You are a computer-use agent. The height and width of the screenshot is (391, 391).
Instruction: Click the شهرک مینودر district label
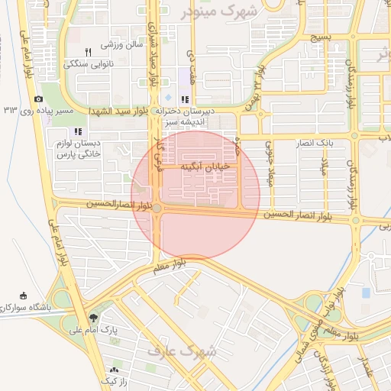coord(220,13)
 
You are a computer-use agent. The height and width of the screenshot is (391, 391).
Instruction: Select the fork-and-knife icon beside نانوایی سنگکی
coord(88,51)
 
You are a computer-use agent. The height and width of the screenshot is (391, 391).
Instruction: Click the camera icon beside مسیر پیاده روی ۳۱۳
coord(38,99)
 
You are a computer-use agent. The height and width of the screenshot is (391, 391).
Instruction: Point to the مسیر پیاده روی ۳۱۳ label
coord(49,111)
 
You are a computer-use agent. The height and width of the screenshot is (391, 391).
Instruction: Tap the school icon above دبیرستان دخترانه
coord(184,99)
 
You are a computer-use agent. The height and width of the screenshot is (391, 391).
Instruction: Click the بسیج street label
coord(322,37)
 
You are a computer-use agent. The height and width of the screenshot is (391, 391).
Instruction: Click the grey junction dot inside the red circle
coord(157,208)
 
